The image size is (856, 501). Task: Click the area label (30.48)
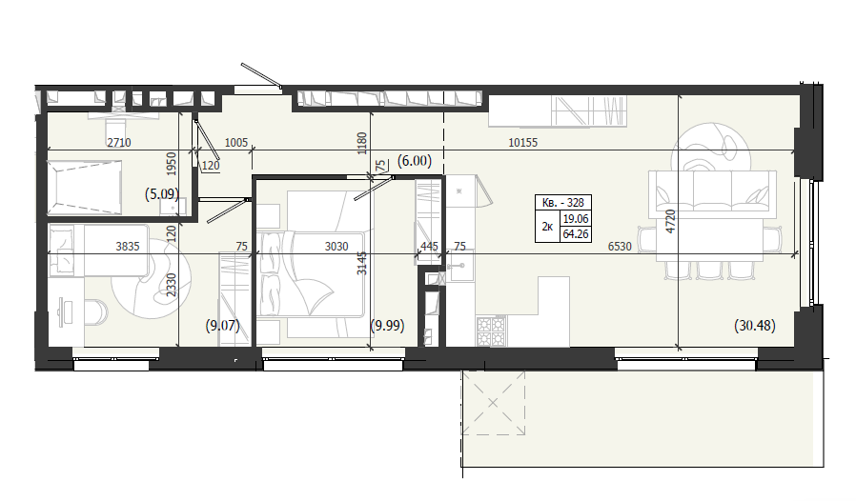pos(755,326)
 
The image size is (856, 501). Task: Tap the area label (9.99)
pos(388,326)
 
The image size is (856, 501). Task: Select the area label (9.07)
pos(223,326)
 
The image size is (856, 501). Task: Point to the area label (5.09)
pos(162,193)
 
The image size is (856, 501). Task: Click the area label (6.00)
pos(415,160)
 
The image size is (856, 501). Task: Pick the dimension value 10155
pos(523,143)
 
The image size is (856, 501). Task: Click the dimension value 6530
pos(620,247)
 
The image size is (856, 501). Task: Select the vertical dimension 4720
pos(671,221)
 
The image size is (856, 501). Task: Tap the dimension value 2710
pos(119,143)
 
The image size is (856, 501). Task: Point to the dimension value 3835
pos(128,247)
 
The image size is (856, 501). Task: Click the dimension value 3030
pos(336,247)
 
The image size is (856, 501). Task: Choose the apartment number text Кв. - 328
pos(562,203)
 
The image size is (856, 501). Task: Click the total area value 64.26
pos(576,234)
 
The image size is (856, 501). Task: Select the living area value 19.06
pos(576,219)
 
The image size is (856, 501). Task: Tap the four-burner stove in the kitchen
pos(491,331)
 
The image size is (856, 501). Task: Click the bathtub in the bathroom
pos(85,188)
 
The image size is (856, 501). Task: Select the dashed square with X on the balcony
pos(494,403)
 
